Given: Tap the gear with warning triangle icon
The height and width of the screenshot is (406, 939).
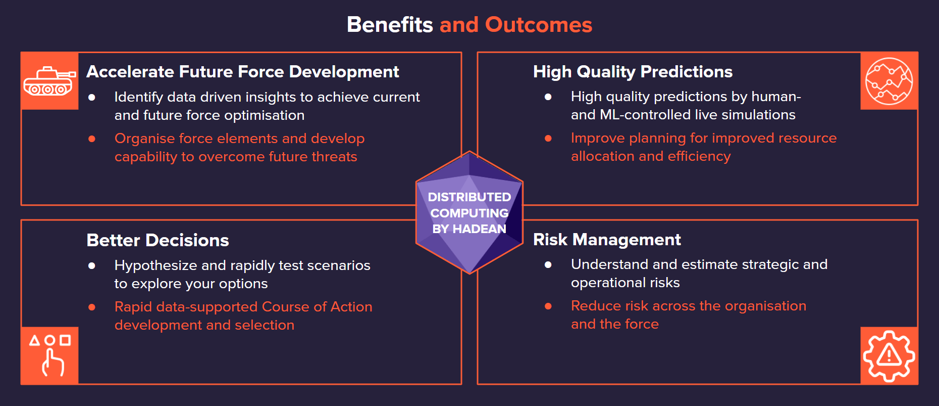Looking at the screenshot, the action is [x=889, y=356].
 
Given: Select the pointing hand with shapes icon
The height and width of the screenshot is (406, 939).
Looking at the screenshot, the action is [x=50, y=355].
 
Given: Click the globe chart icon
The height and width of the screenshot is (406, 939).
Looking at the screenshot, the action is [x=889, y=81].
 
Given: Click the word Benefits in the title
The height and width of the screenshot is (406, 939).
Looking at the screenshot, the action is [x=390, y=25].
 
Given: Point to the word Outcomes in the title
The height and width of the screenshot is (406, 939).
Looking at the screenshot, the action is [x=539, y=25].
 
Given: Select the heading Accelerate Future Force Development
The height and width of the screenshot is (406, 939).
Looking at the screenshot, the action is [x=242, y=72].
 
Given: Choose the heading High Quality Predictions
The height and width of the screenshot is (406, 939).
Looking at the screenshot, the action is [x=633, y=72].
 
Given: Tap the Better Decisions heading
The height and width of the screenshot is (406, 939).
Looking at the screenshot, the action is [x=158, y=240].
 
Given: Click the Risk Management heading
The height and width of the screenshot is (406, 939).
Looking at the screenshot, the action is [x=607, y=240].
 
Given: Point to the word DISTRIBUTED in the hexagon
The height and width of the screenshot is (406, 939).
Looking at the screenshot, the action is [x=470, y=197].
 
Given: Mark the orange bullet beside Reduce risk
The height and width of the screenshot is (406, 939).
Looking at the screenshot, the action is [x=548, y=306].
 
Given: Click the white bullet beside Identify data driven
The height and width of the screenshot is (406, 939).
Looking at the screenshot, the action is [x=92, y=97].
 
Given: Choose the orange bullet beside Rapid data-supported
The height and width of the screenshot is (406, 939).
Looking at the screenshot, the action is [x=92, y=307].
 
